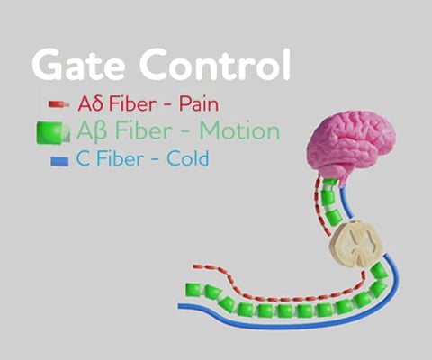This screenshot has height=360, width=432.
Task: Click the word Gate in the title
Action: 78,65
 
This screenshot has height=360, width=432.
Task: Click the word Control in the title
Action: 215,64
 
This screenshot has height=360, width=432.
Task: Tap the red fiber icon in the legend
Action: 58,104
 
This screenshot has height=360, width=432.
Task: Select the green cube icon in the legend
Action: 53,132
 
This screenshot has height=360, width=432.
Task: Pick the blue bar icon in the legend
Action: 59,161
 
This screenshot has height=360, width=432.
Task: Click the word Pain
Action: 199,104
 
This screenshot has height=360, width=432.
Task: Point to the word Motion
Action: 239,130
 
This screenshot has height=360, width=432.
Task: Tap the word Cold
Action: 188,158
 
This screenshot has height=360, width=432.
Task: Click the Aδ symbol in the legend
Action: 91,103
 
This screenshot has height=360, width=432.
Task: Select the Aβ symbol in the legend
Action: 92,132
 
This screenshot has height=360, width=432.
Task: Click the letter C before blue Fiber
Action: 83,158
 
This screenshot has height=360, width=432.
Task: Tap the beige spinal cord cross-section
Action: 356,244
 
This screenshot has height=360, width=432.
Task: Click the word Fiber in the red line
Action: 132,103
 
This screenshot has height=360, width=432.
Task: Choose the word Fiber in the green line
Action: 144,130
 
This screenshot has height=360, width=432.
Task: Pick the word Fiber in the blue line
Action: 120,158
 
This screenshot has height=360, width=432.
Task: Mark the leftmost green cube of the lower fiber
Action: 193,290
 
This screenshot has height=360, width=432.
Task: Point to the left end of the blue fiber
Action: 179,306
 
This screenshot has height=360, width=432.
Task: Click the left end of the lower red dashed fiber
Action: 194,266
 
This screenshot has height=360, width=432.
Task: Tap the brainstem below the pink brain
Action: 345,178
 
